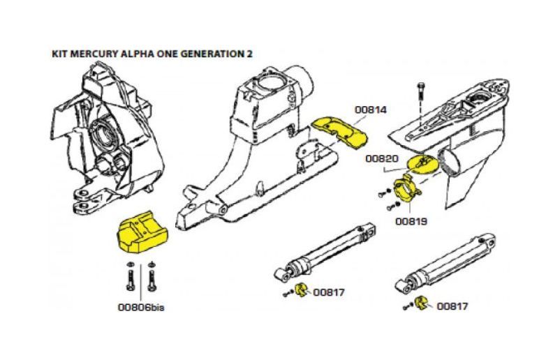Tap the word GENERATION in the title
pyautogui.click(x=208, y=54)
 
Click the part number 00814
pyautogui.click(x=370, y=110)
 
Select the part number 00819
pyautogui.click(x=411, y=221)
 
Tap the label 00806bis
pyautogui.click(x=145, y=305)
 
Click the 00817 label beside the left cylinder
pyautogui.click(x=329, y=292)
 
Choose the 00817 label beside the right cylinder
pyautogui.click(x=452, y=306)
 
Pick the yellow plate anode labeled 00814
pyautogui.click(x=339, y=131)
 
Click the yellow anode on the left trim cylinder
pyautogui.click(x=302, y=291)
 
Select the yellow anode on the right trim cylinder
pyautogui.click(x=422, y=303)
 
